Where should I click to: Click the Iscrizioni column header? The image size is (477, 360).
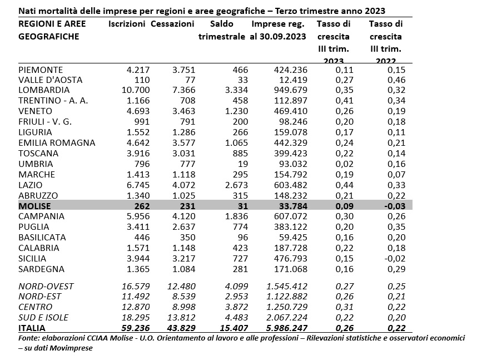point(127,24)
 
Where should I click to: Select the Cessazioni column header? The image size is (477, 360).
point(172,24)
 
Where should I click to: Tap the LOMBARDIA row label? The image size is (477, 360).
point(44,90)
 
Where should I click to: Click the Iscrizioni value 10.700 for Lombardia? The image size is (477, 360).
point(136,90)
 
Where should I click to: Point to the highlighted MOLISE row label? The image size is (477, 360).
point(34,206)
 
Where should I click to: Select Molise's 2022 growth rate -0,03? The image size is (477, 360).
point(395,206)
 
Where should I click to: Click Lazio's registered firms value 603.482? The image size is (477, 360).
point(291,185)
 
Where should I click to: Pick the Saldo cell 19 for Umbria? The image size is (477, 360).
point(243,164)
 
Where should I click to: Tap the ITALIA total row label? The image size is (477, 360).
point(32,328)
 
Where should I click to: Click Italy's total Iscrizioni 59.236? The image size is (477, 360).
point(136,328)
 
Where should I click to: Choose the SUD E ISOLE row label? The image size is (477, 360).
point(43,317)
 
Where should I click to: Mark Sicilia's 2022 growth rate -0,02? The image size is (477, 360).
point(395,259)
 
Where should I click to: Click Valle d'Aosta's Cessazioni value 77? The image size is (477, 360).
point(189,80)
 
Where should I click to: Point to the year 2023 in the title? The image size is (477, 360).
point(374,11)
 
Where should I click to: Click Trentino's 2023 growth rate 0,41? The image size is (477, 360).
point(344,101)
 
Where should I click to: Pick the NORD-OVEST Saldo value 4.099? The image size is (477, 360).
point(236,287)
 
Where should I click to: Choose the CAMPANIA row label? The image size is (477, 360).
point(41,216)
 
